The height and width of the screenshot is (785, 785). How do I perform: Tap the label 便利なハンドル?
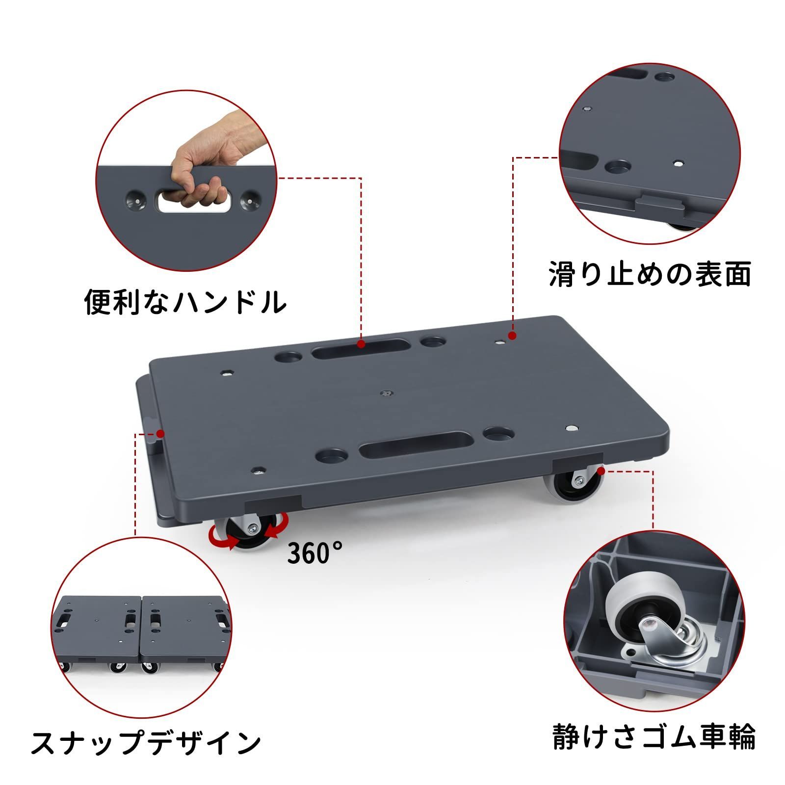point(185,301)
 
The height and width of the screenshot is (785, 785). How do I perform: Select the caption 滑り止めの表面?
point(650,274)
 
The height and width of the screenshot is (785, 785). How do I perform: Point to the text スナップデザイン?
point(146,744)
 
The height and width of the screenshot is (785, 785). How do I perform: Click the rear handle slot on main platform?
point(360,351)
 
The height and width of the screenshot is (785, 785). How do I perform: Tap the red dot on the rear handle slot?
point(361,344)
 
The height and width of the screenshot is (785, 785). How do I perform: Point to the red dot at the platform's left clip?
point(160,433)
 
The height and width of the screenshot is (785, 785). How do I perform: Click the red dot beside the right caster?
point(602,471)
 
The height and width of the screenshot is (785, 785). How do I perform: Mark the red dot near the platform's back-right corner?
point(512,336)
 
